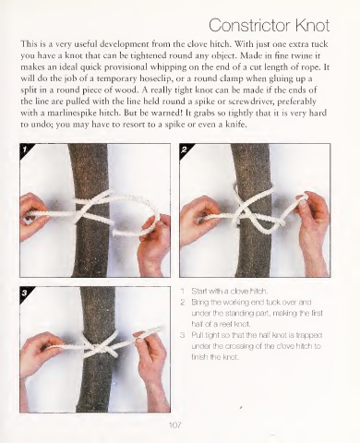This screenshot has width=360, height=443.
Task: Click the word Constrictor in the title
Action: [x=250, y=25]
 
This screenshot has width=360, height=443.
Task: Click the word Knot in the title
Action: [x=313, y=25]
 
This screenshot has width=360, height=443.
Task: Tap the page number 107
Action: [x=174, y=425]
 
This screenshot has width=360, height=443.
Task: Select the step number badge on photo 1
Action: [x=25, y=150]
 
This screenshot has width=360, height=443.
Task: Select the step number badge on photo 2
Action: [x=184, y=150]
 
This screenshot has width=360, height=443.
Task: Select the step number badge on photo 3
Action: [x=25, y=293]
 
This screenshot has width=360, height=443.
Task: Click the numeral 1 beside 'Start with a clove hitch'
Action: [x=183, y=291]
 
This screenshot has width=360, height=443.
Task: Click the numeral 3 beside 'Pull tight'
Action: [x=183, y=335]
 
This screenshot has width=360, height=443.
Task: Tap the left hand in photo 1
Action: [x=33, y=215]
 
